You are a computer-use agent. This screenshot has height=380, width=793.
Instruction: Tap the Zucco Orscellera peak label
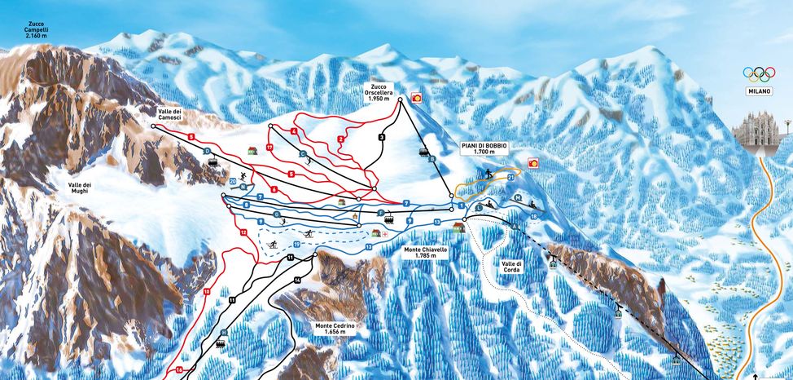click(x=379, y=91)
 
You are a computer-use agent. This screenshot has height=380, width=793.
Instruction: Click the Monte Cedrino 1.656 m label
click(x=335, y=329)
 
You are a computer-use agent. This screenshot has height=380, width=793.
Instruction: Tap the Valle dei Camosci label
click(x=169, y=114)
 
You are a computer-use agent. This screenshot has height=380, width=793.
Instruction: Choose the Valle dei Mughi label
click(x=80, y=189)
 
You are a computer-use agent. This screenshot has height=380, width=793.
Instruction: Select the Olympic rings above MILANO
click(x=759, y=73)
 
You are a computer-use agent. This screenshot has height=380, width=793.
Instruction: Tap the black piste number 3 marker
click(x=381, y=137)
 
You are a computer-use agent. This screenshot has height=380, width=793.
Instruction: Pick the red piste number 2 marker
click(x=340, y=139)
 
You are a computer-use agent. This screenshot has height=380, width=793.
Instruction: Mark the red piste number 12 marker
click(x=243, y=233)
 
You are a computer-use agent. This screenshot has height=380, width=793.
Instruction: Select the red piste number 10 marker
click(x=207, y=291)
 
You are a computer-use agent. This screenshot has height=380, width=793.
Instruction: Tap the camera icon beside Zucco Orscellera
click(x=417, y=97)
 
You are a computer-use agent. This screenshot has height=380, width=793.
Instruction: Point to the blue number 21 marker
click(x=510, y=175)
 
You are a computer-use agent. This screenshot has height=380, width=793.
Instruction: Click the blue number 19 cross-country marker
click(x=296, y=244)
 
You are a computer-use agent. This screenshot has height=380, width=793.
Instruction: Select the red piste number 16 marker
click(x=179, y=370)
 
